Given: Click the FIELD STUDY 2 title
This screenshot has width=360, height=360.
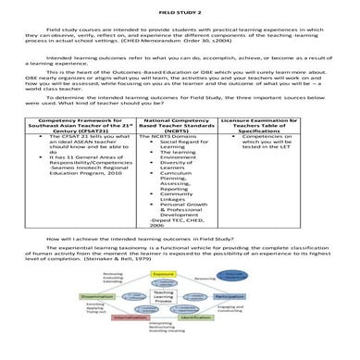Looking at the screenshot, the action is pos(180,7).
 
